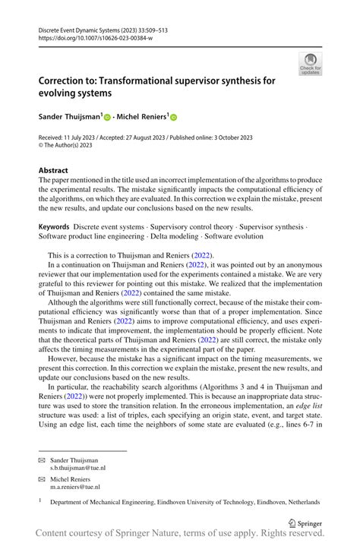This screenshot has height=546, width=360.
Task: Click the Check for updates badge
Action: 311,65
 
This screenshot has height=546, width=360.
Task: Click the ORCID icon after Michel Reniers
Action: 174,118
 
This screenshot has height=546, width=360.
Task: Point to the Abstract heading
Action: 53,171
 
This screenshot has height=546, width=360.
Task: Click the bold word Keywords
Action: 55,227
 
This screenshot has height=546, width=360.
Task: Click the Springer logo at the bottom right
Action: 306,522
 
